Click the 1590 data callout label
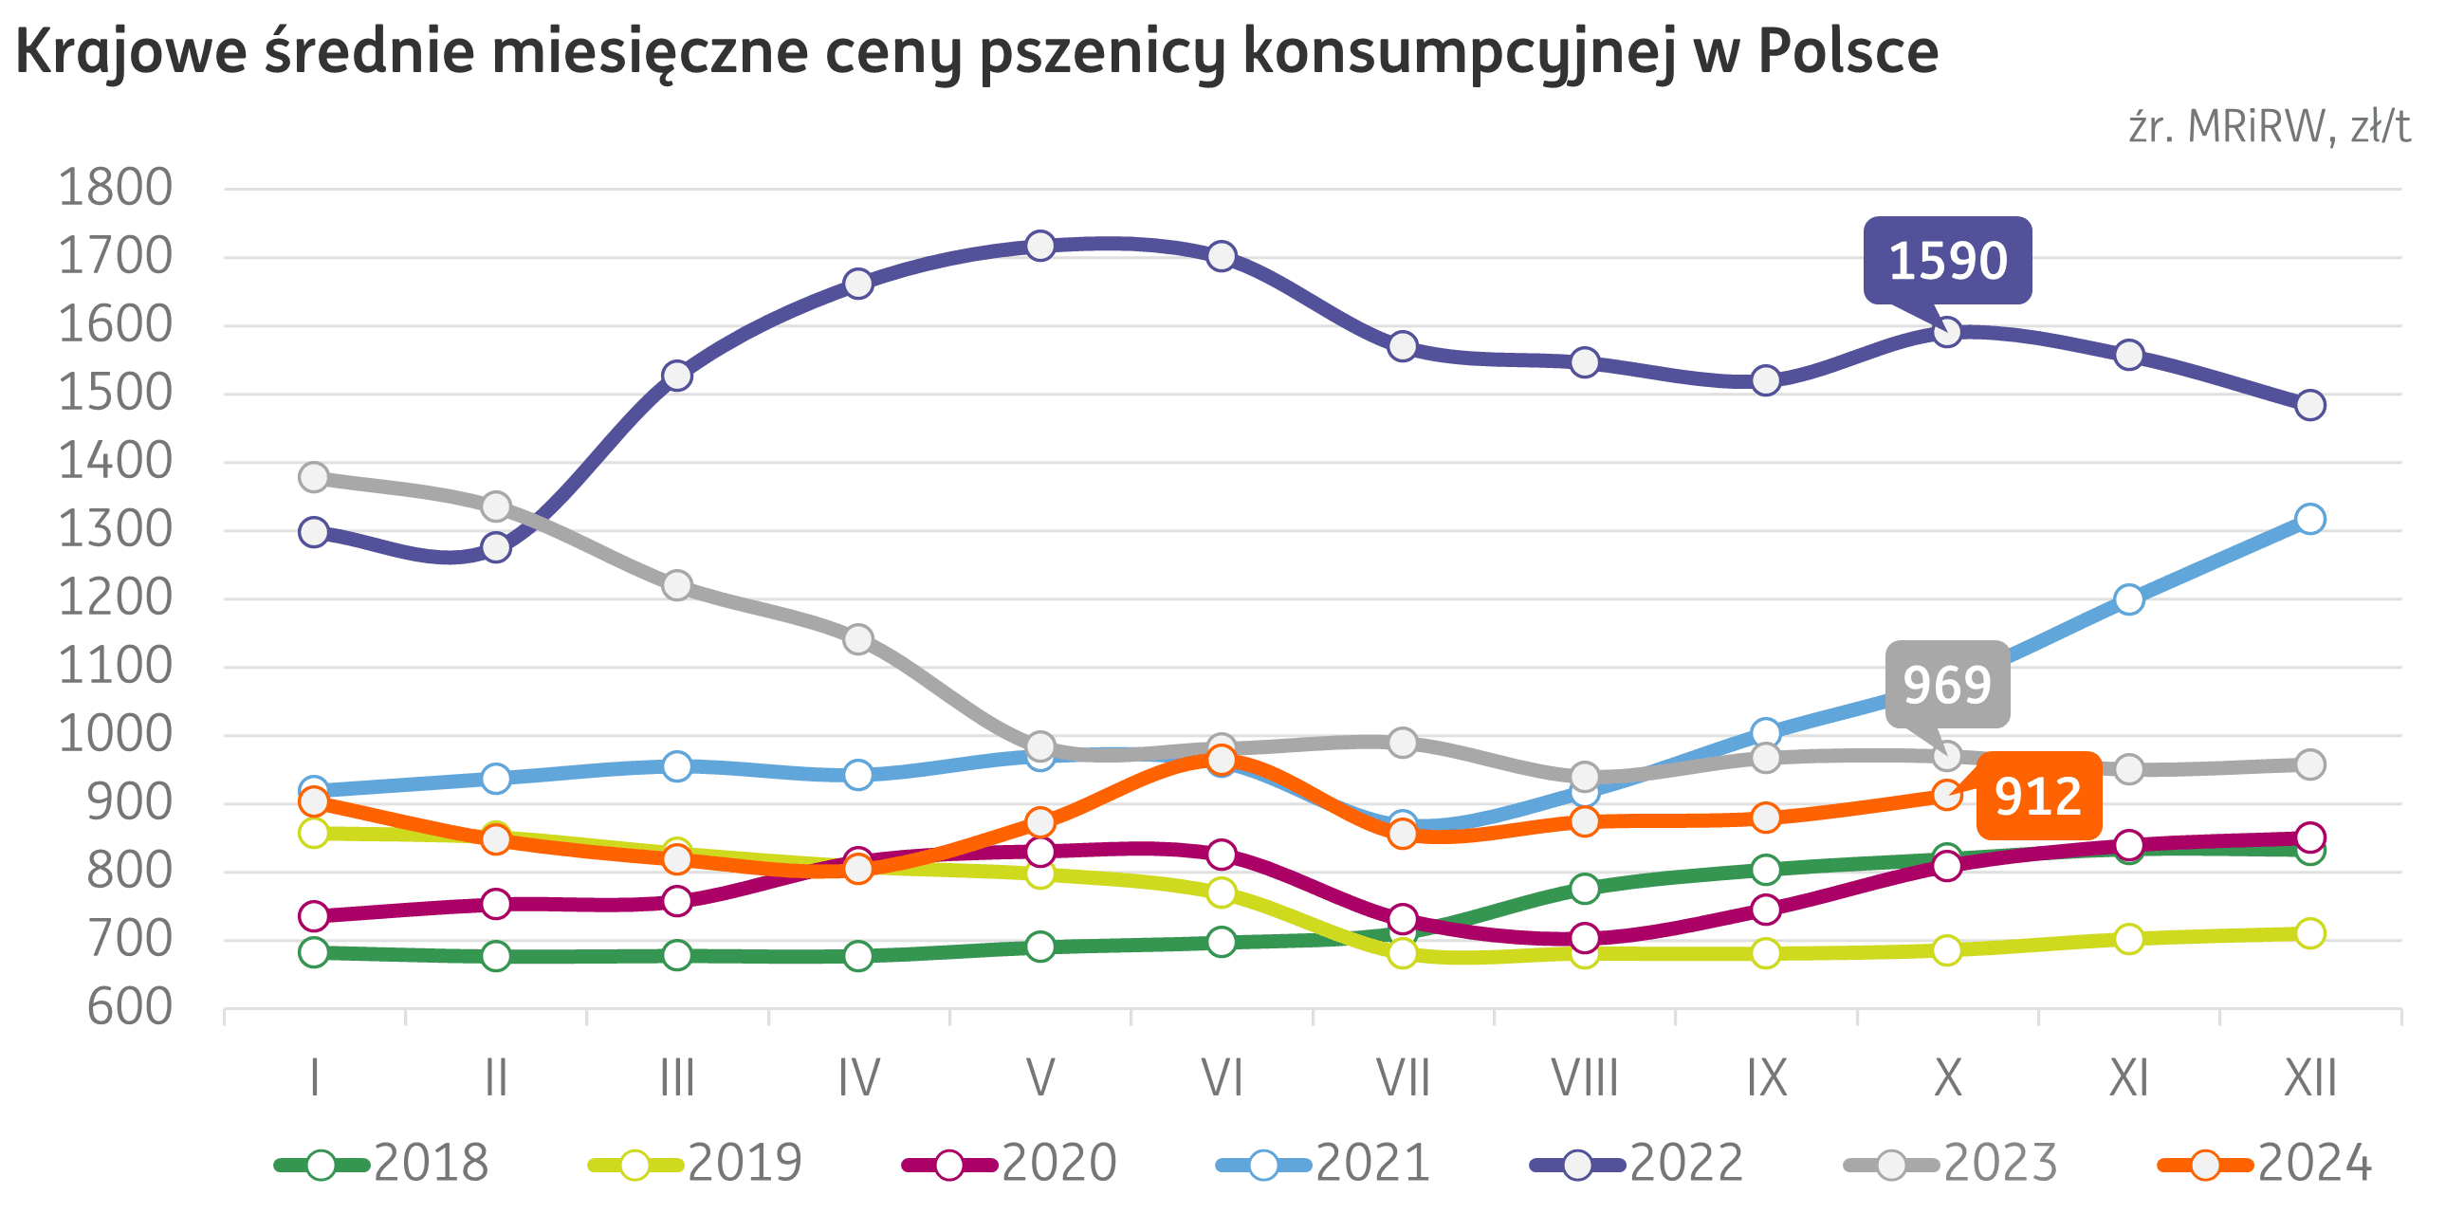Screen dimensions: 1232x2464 tap(1947, 260)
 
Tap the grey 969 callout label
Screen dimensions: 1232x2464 tap(1946, 684)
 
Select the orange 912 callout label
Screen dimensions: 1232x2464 tap(2038, 797)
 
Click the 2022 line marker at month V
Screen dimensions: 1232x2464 tap(1039, 246)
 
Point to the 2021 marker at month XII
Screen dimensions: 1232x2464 tap(2310, 519)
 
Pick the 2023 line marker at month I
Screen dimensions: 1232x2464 tap(314, 476)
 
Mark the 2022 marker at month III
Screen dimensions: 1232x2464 tap(676, 375)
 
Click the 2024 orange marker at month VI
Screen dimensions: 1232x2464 tap(1222, 760)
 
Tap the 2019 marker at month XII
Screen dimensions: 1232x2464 tap(2310, 932)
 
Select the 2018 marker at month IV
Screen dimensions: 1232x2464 tap(858, 956)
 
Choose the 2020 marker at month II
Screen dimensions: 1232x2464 tap(495, 904)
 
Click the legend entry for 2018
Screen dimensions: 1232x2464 tap(382, 1164)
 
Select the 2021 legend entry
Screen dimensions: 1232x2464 tap(1324, 1164)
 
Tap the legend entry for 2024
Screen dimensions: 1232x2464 tap(2265, 1164)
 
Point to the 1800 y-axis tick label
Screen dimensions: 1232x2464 tap(115, 188)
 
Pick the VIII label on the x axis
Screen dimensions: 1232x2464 tap(1585, 1079)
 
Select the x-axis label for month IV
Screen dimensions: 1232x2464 tap(858, 1079)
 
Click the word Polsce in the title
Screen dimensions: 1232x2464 tap(1848, 51)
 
